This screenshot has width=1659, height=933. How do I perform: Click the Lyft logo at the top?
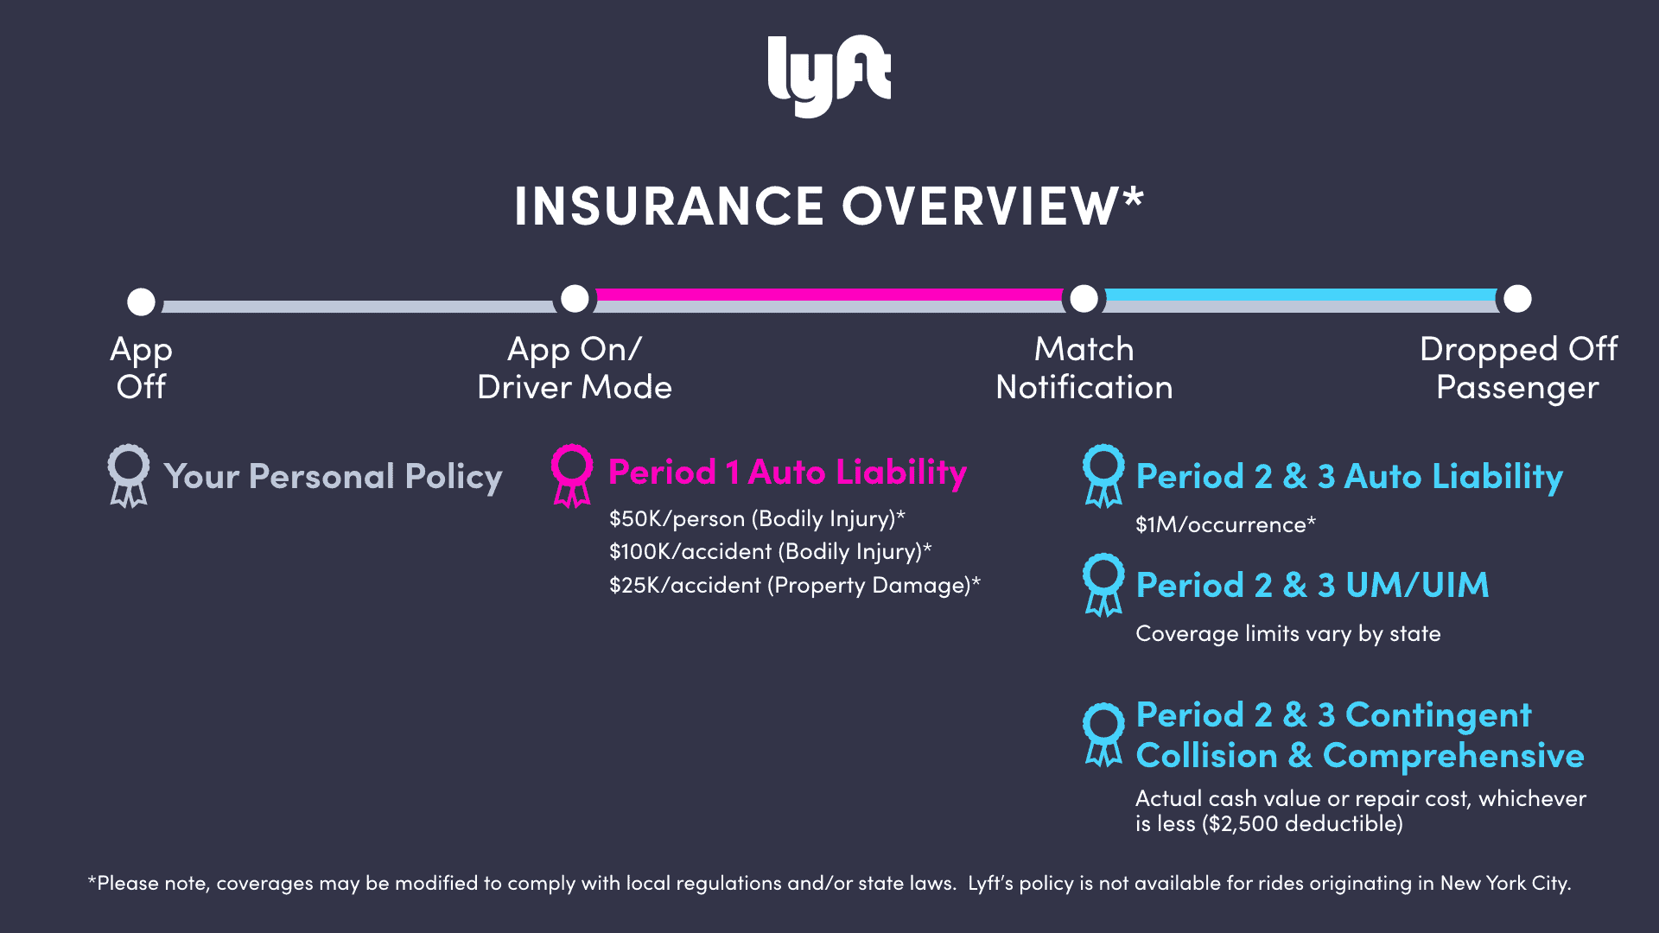(x=829, y=75)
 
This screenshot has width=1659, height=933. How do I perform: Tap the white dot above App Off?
(x=141, y=301)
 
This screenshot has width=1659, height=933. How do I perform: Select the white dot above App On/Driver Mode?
(x=575, y=299)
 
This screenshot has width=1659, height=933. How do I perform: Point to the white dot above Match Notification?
(x=1084, y=299)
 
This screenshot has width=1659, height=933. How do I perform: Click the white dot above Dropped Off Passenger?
(x=1517, y=299)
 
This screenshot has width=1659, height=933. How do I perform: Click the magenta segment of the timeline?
(x=828, y=295)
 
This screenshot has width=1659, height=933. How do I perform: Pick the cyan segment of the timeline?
(x=1300, y=295)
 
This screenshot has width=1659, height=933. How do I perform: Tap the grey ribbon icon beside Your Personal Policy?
(x=128, y=475)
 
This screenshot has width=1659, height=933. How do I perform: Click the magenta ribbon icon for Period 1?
(x=571, y=475)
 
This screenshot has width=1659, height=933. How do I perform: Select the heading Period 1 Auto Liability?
(x=787, y=473)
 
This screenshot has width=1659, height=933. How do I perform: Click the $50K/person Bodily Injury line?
(x=757, y=518)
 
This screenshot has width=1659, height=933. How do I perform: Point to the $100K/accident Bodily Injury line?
(x=770, y=551)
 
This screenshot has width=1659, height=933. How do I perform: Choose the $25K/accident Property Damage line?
(x=794, y=585)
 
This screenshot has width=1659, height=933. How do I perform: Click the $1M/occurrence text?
(x=1224, y=524)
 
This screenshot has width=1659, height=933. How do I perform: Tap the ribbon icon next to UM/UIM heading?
(x=1103, y=585)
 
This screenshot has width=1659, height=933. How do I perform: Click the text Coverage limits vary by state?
(x=1287, y=633)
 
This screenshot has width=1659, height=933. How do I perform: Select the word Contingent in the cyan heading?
(x=1438, y=715)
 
